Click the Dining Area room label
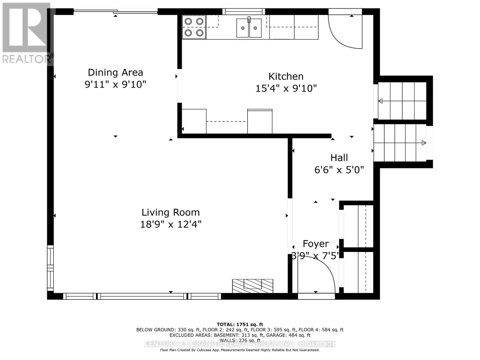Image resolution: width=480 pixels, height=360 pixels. point(115,72)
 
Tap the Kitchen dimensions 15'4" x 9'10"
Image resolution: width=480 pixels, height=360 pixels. point(286,88)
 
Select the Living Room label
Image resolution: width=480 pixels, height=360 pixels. point(170,212)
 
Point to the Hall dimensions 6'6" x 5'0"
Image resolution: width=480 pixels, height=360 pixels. point(339,170)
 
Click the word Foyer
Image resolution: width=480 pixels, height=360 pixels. point(316,244)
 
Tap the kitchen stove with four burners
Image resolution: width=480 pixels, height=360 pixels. point(194,27)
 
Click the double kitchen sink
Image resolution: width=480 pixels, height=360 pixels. point(249,28)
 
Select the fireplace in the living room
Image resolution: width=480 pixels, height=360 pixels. point(253,286)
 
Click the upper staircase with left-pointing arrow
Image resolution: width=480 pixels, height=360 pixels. point(402,101)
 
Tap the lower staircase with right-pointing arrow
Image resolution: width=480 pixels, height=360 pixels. point(400,143)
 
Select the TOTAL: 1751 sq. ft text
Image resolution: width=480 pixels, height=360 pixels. point(240,324)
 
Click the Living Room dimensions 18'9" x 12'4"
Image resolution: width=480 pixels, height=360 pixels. point(171,224)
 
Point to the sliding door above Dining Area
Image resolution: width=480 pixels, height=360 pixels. point(115,12)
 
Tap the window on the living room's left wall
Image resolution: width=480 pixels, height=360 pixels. point(50,268)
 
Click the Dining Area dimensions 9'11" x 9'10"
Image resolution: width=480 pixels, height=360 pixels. point(115,85)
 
